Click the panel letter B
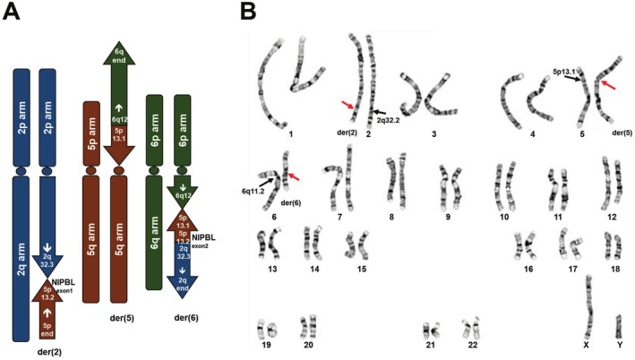[248, 14]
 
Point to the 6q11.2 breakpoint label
[254, 189]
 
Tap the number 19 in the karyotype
[268, 345]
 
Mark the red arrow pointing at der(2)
[351, 107]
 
